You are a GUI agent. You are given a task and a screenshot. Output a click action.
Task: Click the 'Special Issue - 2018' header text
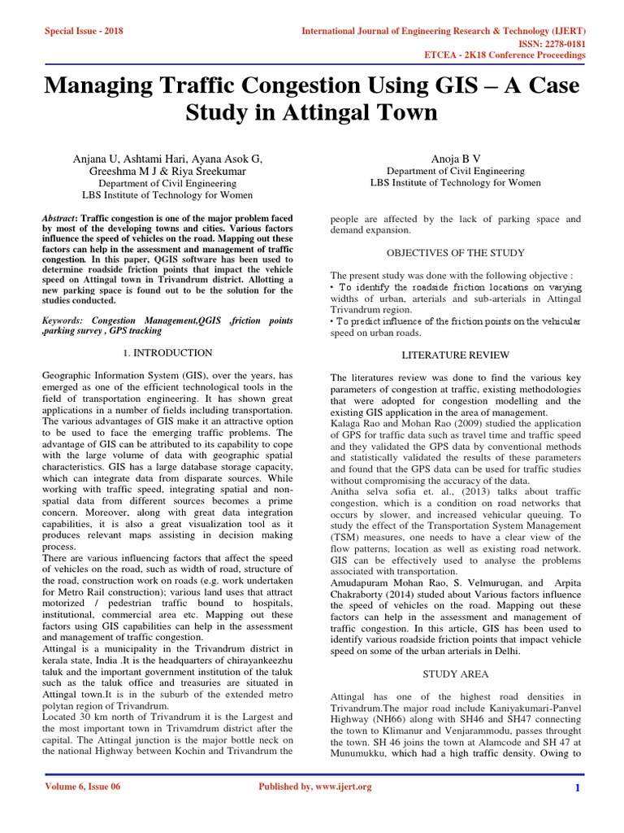(x=84, y=31)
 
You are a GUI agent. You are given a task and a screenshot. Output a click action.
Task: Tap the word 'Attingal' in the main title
(x=327, y=111)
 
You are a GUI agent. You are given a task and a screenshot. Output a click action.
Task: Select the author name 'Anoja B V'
(x=455, y=158)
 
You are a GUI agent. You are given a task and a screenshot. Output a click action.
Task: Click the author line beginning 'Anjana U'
(x=167, y=158)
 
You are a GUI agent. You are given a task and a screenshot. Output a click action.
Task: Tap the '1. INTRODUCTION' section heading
(x=167, y=353)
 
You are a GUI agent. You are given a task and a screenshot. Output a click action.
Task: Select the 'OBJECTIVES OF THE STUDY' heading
(x=455, y=253)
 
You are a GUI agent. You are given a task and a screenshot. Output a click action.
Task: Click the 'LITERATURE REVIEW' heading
(x=455, y=355)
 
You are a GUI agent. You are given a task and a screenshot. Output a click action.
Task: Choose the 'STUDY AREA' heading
(x=455, y=674)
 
